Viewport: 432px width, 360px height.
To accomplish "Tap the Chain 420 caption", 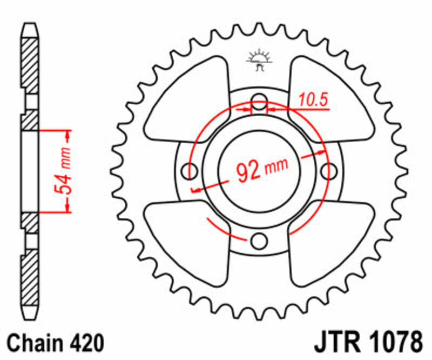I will coord(55,343).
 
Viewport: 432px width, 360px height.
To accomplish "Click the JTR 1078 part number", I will coord(367,343).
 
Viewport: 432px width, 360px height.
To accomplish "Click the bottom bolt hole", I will coord(260,239).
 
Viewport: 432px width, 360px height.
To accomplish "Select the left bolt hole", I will coord(191,171).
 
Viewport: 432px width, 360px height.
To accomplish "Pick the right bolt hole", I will coord(328,171).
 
